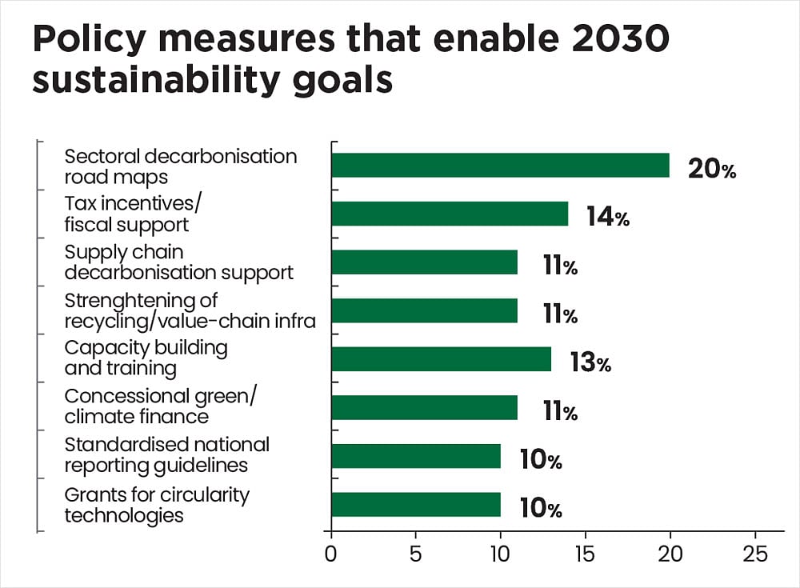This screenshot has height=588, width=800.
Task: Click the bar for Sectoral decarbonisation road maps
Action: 500,166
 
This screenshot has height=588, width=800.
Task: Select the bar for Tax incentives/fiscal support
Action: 450,214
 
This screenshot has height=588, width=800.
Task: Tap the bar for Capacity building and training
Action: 441,359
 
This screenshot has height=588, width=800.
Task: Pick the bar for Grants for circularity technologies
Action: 415,505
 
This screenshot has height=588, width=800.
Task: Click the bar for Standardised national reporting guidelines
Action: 415,456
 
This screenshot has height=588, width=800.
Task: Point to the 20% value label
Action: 711,170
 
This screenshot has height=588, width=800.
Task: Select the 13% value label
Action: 590,363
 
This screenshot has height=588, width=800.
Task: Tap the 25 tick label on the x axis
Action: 754,554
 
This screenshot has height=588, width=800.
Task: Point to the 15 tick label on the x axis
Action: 585,554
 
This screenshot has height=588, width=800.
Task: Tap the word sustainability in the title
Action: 154,81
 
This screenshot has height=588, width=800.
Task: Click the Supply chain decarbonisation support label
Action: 178,262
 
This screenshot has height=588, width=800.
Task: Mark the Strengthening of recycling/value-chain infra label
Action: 189,310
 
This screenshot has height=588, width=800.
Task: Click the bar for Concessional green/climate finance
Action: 424,408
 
